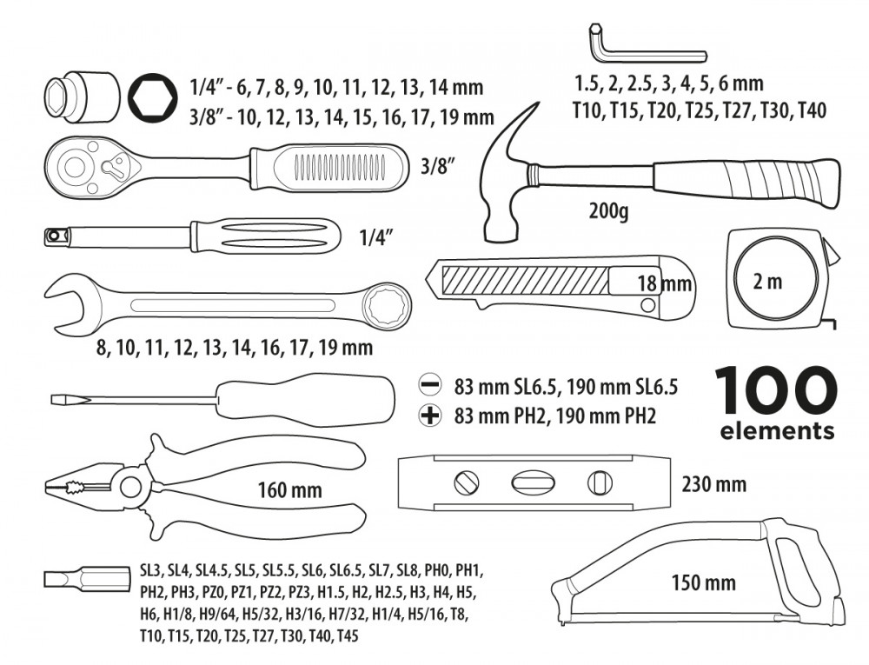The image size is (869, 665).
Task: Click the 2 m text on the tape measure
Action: (768, 281)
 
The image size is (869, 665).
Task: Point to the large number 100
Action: (776, 391)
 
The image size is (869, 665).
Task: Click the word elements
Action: (777, 430)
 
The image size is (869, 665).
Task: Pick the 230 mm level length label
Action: (713, 483)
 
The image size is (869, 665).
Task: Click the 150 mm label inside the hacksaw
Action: (703, 582)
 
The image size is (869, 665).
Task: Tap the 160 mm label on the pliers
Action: (289, 489)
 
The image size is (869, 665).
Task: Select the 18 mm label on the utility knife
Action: (665, 283)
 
